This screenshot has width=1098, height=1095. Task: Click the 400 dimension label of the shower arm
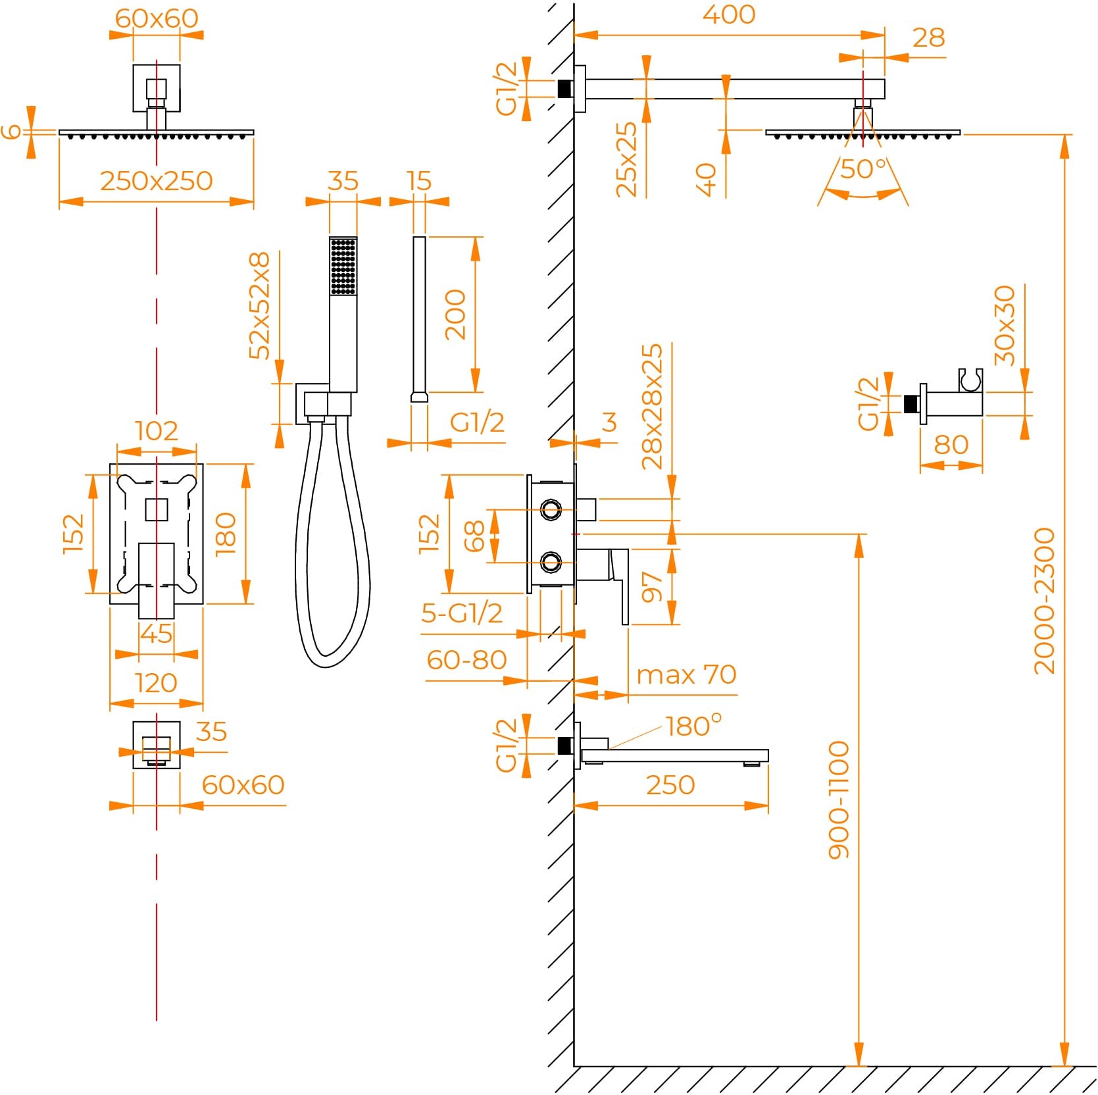coord(728,14)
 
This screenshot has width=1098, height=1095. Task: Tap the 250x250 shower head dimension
coord(157,181)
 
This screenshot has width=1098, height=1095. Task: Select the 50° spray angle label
coord(863,169)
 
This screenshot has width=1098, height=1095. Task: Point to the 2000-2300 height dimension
coord(1044,600)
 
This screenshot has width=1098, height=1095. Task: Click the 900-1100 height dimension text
coord(839,800)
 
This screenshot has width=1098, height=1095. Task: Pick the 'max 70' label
coord(686,675)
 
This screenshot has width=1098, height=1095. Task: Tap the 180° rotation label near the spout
coord(693,726)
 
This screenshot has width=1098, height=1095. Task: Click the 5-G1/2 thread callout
coord(462,613)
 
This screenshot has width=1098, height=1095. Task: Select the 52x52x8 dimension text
coord(259,305)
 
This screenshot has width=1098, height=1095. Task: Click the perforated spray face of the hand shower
coord(343,267)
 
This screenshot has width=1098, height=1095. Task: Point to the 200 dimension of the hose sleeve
coord(455,315)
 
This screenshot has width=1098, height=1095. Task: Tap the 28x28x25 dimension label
coord(652,406)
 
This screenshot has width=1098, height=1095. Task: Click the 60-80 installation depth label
coord(466,660)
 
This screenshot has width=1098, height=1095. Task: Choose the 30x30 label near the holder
coord(1005,325)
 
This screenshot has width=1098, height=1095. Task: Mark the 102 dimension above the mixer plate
coord(157,431)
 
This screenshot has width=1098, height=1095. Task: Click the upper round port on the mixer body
coord(551,509)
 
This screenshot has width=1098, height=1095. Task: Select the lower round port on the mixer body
coord(551,562)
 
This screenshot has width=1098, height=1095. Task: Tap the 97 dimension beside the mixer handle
coord(652,586)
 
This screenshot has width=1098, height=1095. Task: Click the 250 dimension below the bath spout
coord(670,785)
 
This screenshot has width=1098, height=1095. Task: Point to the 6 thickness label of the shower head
coord(11,132)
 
